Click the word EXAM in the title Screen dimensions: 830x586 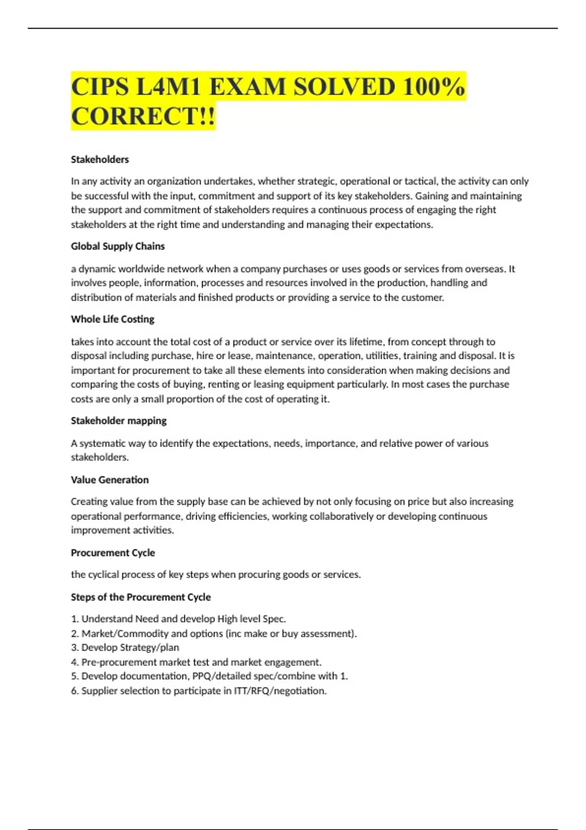pyautogui.click(x=247, y=87)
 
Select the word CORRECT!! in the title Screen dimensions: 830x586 pyautogui.click(x=143, y=117)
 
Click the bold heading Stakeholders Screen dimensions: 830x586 pyautogui.click(x=100, y=159)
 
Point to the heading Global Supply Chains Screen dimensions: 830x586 pyautogui.click(x=118, y=246)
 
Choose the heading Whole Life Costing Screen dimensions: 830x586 pyautogui.click(x=112, y=319)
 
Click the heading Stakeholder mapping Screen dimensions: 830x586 pyautogui.click(x=119, y=420)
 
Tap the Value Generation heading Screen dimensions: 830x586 pyautogui.click(x=109, y=479)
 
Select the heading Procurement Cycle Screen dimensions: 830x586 pyautogui.click(x=113, y=553)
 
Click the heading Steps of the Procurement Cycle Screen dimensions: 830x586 pyautogui.click(x=141, y=597)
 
